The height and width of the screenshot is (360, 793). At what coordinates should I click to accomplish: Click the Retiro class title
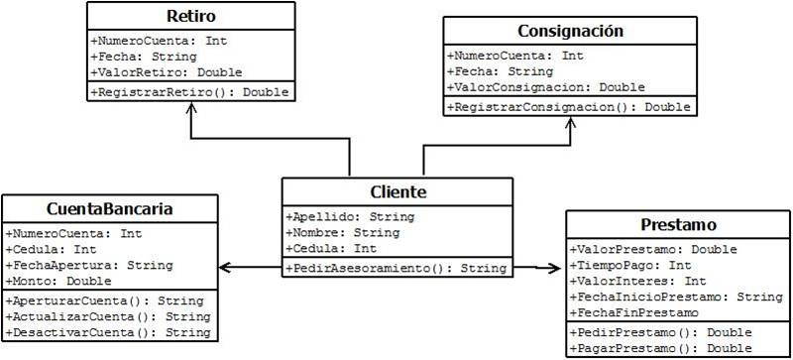189,18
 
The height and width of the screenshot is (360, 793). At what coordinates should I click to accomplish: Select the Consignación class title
570,32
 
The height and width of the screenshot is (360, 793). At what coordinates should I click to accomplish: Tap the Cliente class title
397,192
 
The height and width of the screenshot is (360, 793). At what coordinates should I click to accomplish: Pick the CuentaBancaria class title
110,209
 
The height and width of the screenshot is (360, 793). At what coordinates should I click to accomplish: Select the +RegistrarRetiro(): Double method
189,91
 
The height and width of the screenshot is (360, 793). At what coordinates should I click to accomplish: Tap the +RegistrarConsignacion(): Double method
569,106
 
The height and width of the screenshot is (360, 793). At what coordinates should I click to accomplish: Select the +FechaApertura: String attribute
89,266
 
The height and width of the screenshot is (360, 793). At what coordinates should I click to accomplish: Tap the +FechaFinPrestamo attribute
635,312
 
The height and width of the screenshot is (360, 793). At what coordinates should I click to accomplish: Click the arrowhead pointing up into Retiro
188,106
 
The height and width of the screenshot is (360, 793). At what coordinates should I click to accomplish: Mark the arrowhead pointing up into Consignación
569,122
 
